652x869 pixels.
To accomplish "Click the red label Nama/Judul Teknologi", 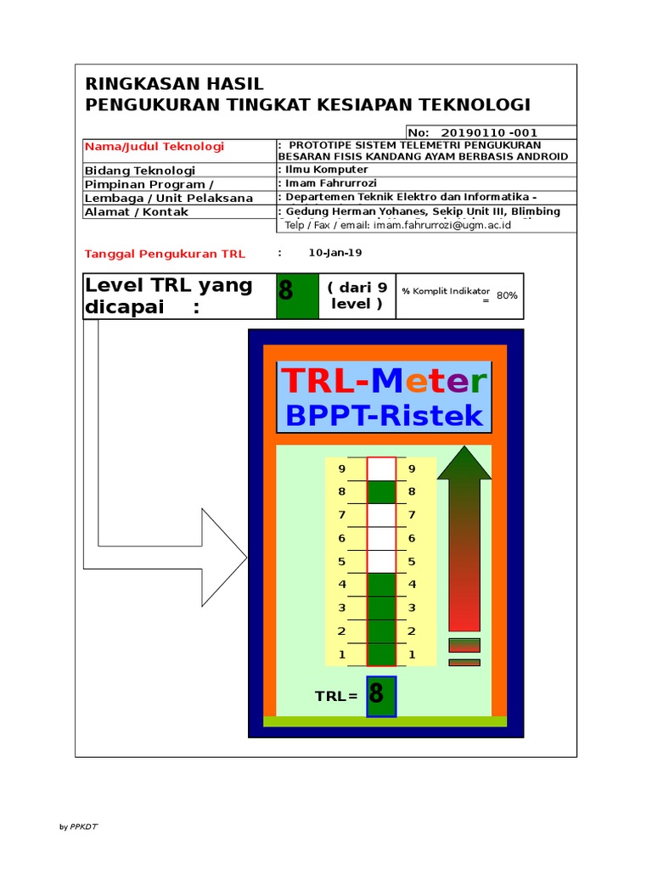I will [154, 147].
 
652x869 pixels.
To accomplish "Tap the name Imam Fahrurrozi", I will [331, 183].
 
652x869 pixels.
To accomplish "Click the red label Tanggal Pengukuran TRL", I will [165, 254].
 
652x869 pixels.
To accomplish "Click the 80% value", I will [507, 295].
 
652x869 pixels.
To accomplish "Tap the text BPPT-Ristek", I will [384, 416].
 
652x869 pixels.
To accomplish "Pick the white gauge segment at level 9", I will [381, 468].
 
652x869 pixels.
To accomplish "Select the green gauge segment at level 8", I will [381, 492].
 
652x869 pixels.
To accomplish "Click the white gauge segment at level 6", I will [381, 538].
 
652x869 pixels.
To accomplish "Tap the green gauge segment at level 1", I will [381, 654].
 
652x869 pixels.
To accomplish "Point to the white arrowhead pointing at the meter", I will [223, 558].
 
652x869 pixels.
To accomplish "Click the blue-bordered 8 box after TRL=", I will [381, 696].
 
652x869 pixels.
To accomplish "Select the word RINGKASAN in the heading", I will [136, 84].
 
